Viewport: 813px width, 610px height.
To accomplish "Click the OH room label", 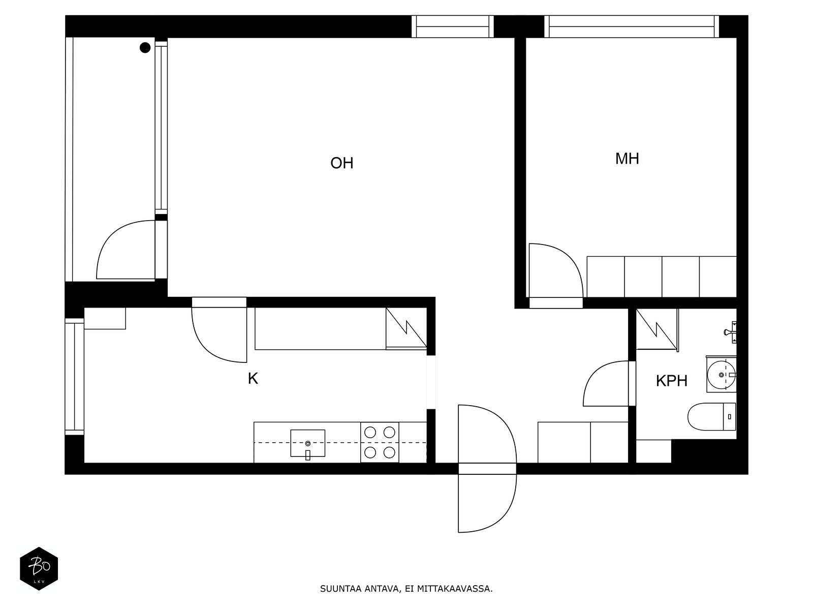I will pyautogui.click(x=341, y=163).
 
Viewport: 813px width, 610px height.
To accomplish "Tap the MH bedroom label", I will pyautogui.click(x=627, y=159).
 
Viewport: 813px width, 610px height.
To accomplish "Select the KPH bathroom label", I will pyautogui.click(x=671, y=381).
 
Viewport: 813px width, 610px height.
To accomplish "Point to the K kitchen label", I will pyautogui.click(x=253, y=379).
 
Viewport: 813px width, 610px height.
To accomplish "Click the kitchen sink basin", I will pyautogui.click(x=307, y=443).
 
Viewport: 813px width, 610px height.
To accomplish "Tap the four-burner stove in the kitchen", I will pyautogui.click(x=380, y=442).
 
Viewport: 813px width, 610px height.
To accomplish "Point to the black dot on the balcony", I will pyautogui.click(x=145, y=48).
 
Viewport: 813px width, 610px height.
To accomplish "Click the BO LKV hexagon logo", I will pyautogui.click(x=39, y=568).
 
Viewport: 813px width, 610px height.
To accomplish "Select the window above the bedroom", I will pyautogui.click(x=632, y=26).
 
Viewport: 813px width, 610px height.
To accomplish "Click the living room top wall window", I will pyautogui.click(x=452, y=26).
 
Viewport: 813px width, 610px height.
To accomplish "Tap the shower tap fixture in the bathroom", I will pyautogui.click(x=731, y=331).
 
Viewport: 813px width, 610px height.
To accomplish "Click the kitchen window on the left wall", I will pyautogui.click(x=74, y=376).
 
